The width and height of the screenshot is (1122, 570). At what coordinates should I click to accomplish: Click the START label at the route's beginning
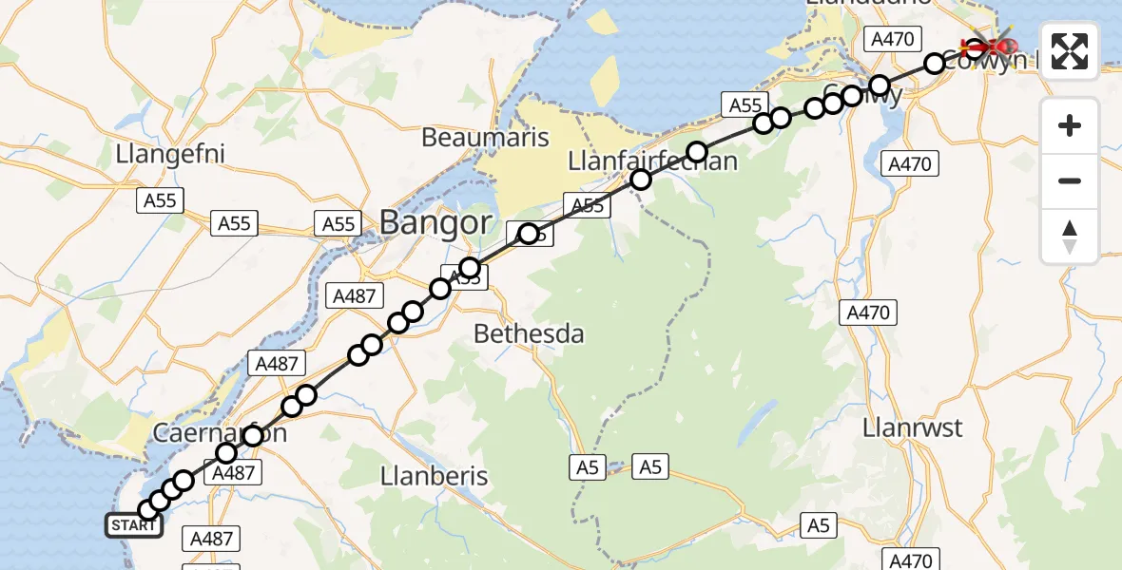click(133, 525)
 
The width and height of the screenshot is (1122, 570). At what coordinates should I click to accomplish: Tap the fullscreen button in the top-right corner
click(1070, 51)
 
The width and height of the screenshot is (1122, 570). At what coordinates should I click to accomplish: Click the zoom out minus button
click(1070, 180)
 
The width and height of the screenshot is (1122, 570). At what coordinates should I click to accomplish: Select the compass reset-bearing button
click(1070, 236)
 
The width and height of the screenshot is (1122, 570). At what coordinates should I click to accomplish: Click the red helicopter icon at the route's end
click(989, 45)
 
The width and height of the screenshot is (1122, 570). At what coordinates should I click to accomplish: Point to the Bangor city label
click(435, 223)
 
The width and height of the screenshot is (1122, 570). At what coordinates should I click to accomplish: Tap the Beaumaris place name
click(485, 138)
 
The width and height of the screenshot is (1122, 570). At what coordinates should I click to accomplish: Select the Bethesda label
click(529, 334)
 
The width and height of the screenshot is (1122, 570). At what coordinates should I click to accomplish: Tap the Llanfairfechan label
click(652, 161)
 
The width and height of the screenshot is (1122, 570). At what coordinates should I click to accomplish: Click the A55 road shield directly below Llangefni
click(160, 200)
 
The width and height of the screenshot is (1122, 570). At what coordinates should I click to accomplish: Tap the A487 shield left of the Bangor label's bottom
click(353, 295)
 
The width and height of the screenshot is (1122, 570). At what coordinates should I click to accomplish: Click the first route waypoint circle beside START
click(148, 510)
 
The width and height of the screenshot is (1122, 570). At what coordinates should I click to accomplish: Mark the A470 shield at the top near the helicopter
click(891, 39)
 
